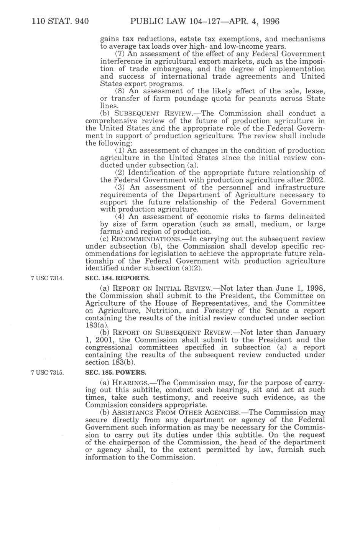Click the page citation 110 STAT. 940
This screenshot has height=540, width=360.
tap(61, 21)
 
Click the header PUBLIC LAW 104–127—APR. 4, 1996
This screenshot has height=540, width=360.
tap(205, 21)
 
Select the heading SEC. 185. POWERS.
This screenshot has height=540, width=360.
tap(116, 372)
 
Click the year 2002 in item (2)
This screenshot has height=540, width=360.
tap(316, 180)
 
